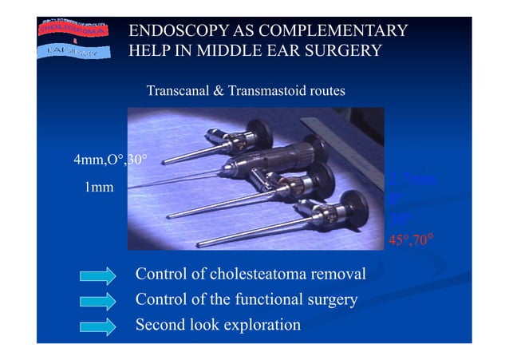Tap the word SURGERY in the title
coord(339,52)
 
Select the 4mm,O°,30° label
coord(109,160)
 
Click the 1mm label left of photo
coord(99,188)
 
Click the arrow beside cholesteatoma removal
coord(99,276)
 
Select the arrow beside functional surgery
coord(99,301)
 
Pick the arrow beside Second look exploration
coord(99,326)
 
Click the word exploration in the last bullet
coord(261,325)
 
